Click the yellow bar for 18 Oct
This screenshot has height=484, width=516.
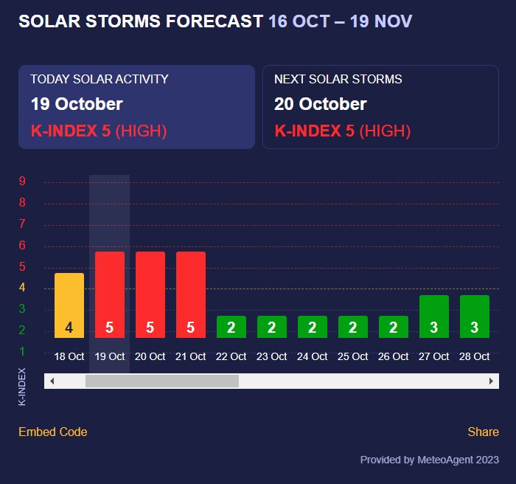[x=69, y=305]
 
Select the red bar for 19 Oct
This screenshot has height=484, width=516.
[x=110, y=294]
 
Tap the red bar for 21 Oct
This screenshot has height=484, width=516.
[x=191, y=294]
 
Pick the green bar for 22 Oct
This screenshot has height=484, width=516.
[x=231, y=327]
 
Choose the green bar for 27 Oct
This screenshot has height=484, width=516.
[x=434, y=317]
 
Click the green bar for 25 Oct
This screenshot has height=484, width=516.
[x=353, y=327]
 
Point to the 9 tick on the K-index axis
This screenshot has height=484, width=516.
[x=22, y=181]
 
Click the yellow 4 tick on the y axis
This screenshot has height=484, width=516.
[x=22, y=288]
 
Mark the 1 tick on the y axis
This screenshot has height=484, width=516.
[x=22, y=351]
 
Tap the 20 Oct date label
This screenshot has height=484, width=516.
[x=150, y=356]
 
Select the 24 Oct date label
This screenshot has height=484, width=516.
[x=313, y=356]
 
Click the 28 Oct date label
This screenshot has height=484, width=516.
[x=475, y=356]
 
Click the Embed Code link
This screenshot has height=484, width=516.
[x=53, y=432]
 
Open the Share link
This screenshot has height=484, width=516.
[x=483, y=432]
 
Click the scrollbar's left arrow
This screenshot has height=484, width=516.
[x=52, y=381]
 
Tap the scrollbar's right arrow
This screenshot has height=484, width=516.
[x=492, y=381]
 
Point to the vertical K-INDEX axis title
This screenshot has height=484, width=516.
[x=22, y=386]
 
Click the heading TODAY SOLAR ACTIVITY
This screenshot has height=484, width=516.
[x=100, y=79]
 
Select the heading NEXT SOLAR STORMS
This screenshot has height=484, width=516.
[x=338, y=79]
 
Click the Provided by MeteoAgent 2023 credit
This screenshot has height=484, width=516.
[x=429, y=460]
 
